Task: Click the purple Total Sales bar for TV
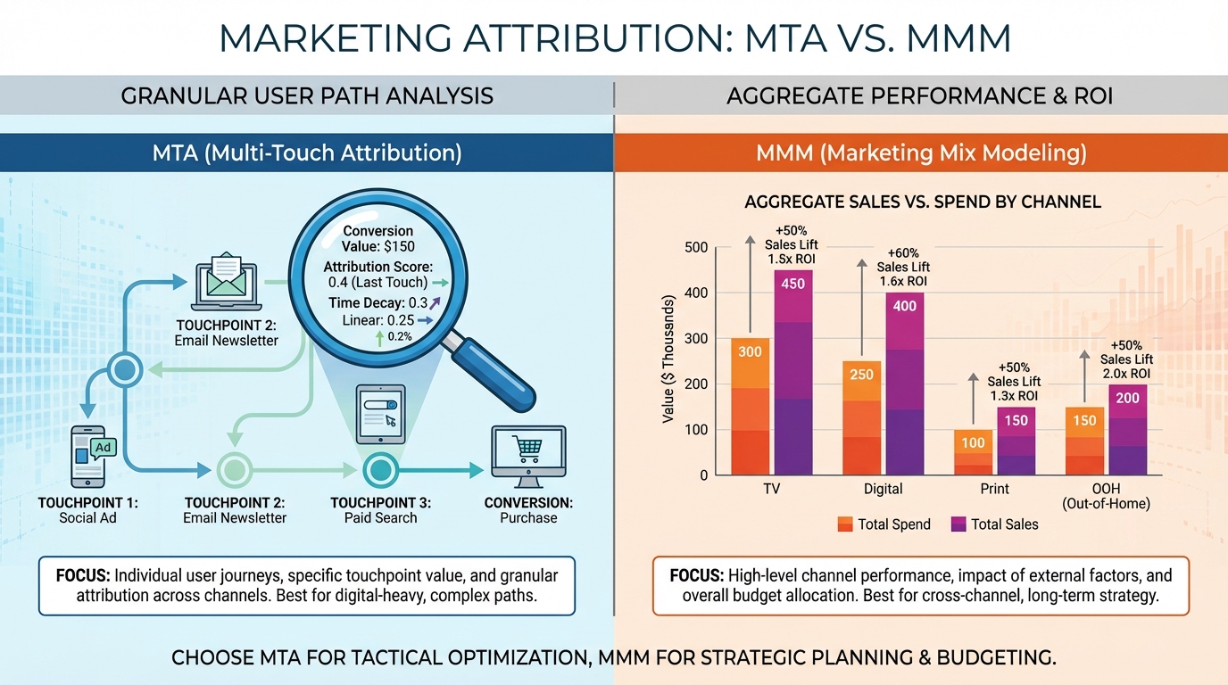793,375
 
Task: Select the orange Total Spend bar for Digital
861,419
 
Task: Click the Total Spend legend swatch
845,524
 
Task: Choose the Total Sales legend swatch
958,524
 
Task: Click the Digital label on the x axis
883,489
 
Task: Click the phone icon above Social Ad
93,456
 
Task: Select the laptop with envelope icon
223,281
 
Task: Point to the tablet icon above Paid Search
380,414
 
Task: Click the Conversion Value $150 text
378,239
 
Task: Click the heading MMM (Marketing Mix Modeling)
921,153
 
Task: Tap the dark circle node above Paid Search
380,468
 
